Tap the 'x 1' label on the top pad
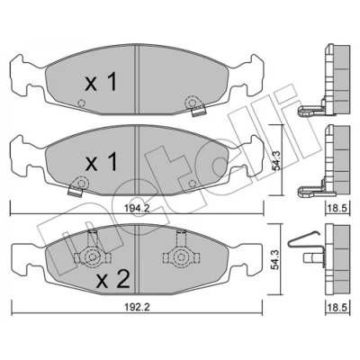coord(101,83)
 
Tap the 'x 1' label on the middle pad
coord(101,161)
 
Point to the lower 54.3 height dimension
coord(276,258)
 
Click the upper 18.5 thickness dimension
coord(337,208)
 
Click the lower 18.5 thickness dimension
coord(337,307)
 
